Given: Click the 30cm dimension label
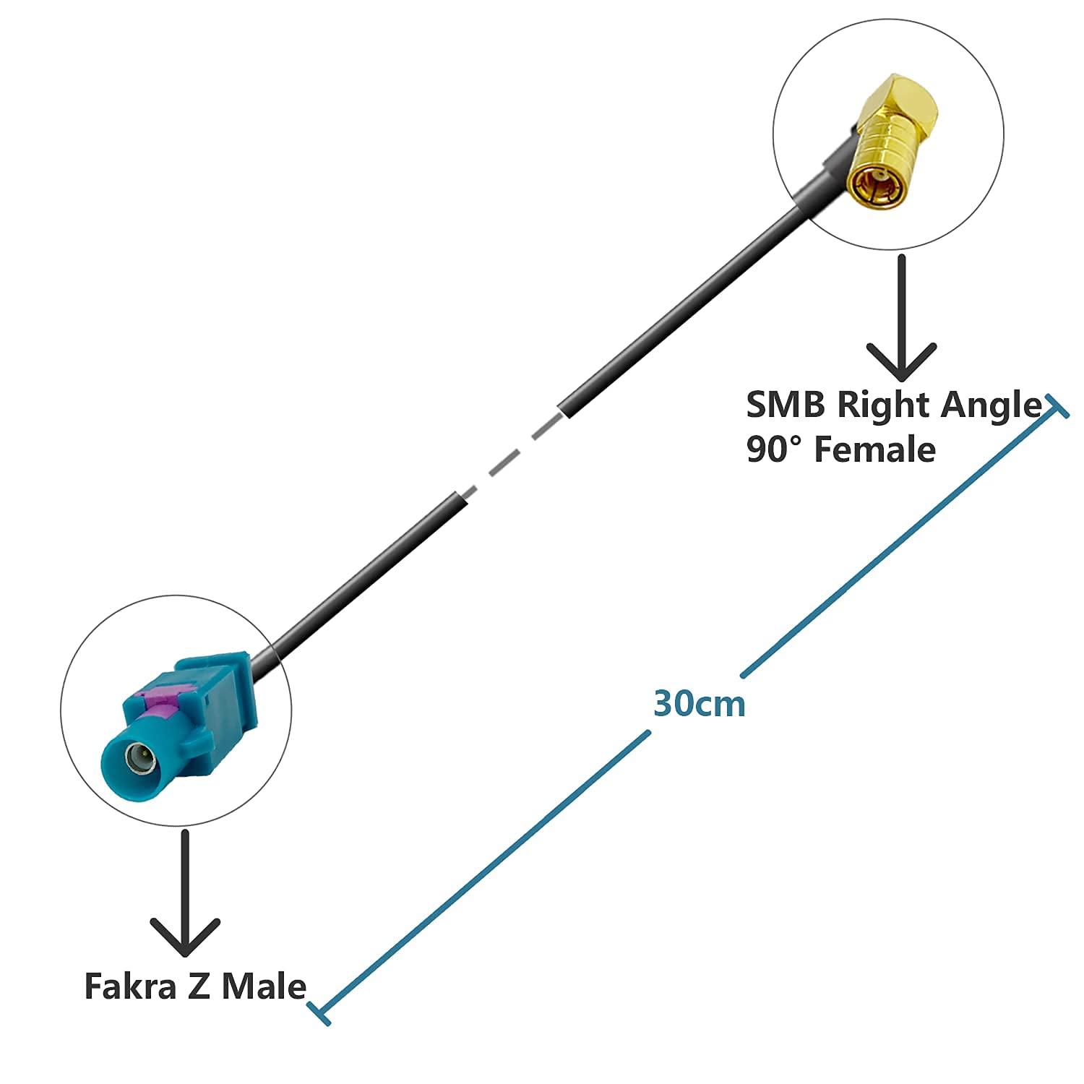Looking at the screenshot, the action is tap(699, 703).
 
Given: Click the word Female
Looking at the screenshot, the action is tap(875, 449).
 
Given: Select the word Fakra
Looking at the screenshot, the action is tap(130, 986).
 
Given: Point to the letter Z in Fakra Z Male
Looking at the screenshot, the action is tap(199, 986).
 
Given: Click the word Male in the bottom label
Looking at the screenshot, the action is tap(264, 986).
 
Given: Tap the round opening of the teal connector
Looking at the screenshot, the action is tap(140, 760).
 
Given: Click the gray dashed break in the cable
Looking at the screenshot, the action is tap(512, 454).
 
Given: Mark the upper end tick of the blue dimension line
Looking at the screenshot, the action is tap(1056, 407).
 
